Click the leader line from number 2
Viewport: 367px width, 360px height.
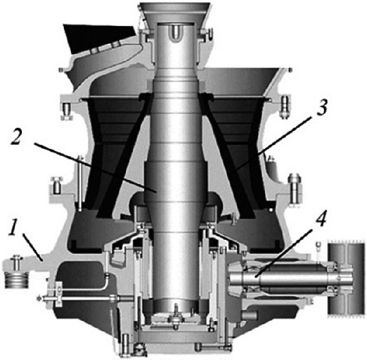pyautogui.click(x=94, y=167)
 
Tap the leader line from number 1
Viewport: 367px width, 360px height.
pyautogui.click(x=33, y=247)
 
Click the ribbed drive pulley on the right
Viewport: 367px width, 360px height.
pyautogui.click(x=346, y=278)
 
